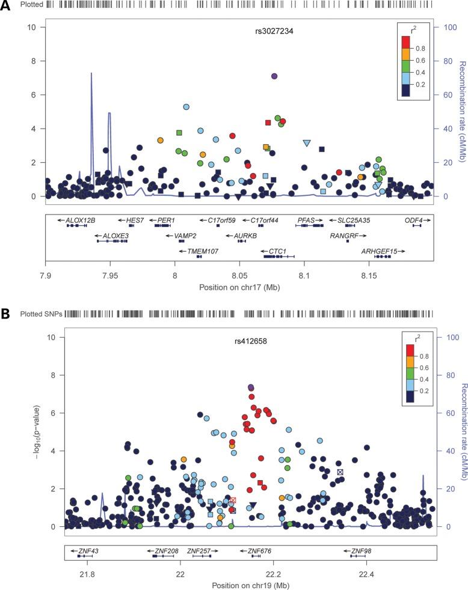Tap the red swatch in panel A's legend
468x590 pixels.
[x=405, y=41]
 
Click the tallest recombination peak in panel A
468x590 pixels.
[x=91, y=74]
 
